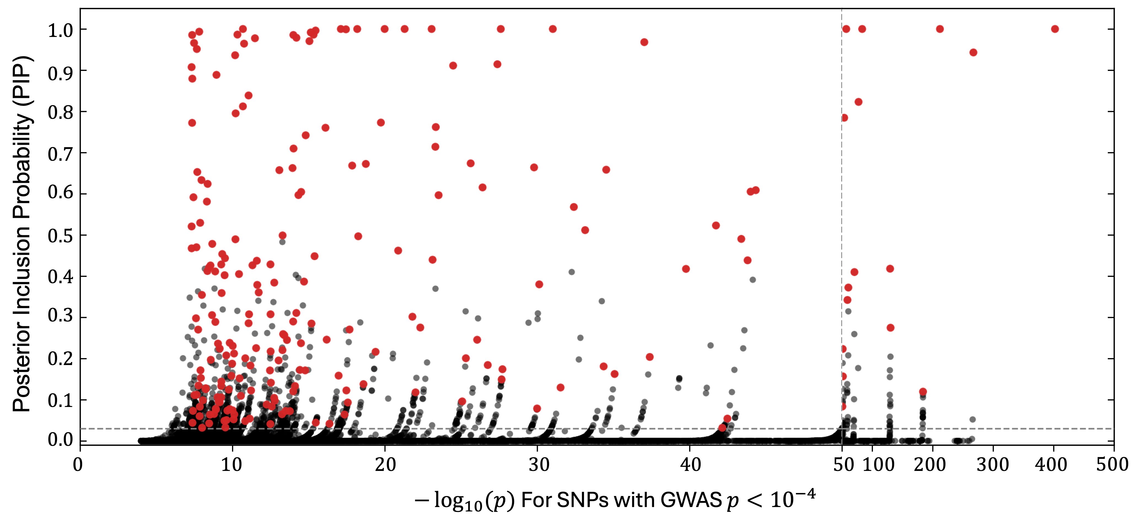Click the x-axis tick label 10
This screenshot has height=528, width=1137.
pyautogui.click(x=232, y=464)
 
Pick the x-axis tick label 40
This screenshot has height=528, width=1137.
pyautogui.click(x=690, y=464)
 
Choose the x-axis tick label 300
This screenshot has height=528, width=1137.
pyautogui.click(x=993, y=464)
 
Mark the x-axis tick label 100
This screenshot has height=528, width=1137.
pyautogui.click(x=878, y=464)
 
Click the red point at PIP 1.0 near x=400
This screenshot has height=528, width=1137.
pyautogui.click(x=1055, y=29)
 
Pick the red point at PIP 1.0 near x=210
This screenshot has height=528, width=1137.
pyautogui.click(x=940, y=29)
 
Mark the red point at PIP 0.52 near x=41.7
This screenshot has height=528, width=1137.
pyautogui.click(x=716, y=226)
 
